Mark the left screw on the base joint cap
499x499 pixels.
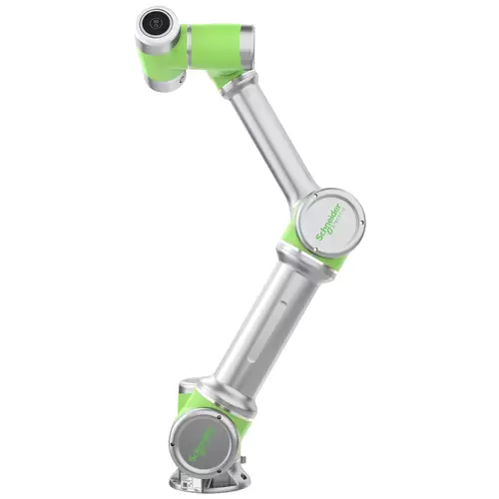point(174,444)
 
